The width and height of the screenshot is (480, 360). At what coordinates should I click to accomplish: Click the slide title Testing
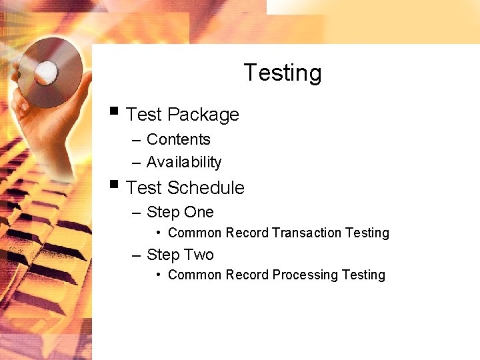coord(283,73)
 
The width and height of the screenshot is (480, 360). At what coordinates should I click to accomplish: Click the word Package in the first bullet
coord(203,115)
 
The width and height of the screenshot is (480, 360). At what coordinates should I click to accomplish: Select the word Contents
coord(178,139)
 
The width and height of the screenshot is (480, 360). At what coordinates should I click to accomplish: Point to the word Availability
coord(183,162)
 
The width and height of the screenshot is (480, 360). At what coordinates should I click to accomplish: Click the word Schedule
coord(206,188)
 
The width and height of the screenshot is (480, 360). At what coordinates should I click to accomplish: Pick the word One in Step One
coord(199,212)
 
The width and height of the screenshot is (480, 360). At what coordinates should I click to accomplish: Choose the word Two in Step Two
coord(199,255)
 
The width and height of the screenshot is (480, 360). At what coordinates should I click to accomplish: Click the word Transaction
coord(307,233)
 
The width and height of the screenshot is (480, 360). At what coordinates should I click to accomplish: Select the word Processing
coord(305,275)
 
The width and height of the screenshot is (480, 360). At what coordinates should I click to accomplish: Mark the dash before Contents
coord(136,140)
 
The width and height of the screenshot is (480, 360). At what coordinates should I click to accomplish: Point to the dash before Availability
coord(136,163)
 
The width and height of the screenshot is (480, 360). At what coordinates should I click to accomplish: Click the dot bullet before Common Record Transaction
coord(158,233)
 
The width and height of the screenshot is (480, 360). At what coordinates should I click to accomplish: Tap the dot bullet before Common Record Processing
coord(158,275)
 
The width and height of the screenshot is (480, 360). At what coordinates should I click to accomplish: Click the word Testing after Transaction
coord(367,233)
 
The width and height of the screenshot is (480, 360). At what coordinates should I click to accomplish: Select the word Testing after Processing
coord(363,275)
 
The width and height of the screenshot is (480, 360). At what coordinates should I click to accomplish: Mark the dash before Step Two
coord(136,255)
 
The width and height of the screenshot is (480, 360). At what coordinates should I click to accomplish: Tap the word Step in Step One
coord(163,213)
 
